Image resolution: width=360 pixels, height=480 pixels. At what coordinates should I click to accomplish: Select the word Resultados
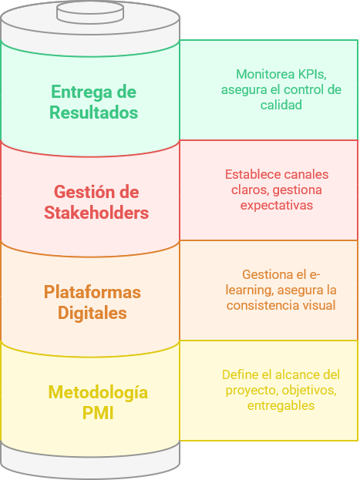(94, 112)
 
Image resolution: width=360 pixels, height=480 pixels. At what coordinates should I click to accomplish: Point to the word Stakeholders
(96, 213)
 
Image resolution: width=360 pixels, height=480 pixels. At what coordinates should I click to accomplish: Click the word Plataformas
(93, 292)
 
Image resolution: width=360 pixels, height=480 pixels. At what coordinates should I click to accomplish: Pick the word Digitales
(93, 313)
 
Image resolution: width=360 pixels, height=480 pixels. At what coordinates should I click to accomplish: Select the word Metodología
(98, 393)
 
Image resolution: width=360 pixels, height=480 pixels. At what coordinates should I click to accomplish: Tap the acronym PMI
(98, 413)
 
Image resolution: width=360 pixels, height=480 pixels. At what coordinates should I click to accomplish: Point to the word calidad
(281, 105)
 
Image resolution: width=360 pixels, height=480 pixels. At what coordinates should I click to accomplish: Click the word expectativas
(276, 206)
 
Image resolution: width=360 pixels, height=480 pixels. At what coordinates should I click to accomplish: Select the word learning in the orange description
(249, 290)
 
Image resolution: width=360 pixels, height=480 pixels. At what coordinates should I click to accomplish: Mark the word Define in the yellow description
(239, 374)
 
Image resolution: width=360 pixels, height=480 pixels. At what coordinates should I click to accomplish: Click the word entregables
(281, 406)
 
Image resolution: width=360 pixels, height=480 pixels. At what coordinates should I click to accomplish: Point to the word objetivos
(309, 391)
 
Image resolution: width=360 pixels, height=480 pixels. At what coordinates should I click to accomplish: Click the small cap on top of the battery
(90, 13)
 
